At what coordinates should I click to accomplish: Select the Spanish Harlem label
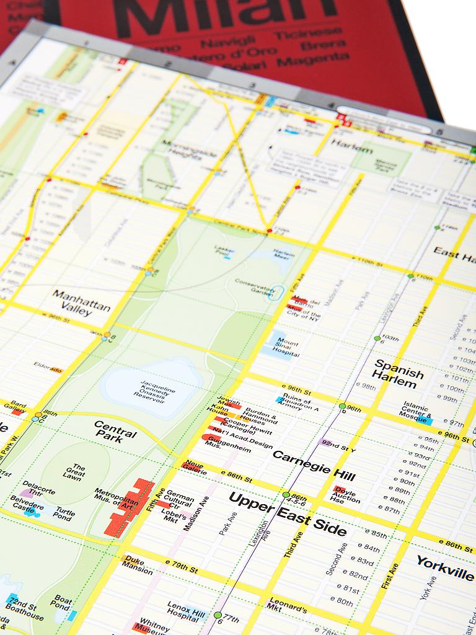[x=399, y=373]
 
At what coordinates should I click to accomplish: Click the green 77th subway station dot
[x=218, y=615]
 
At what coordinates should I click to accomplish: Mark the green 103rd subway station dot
[x=377, y=339]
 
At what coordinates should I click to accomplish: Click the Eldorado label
[x=48, y=367]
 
